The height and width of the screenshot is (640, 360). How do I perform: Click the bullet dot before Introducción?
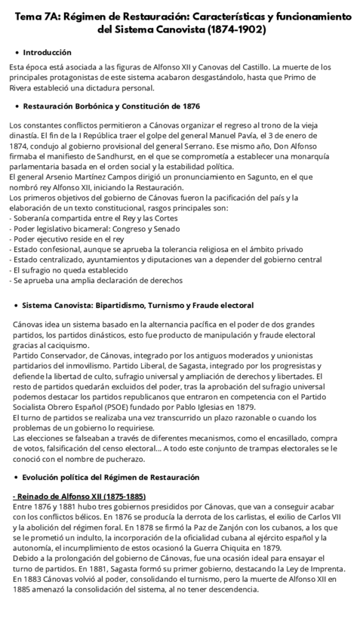17,52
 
